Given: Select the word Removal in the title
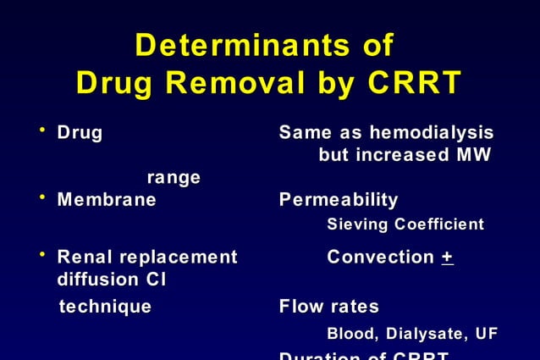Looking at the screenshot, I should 254,83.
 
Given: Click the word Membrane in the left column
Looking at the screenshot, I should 106,200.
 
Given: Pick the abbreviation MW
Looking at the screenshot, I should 473,156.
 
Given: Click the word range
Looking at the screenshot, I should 174,178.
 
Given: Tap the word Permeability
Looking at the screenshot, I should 339,200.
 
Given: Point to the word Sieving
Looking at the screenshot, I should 355,224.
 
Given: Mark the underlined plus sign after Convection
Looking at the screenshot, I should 448,257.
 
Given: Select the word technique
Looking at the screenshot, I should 105,306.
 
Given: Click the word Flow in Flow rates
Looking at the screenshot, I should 301,306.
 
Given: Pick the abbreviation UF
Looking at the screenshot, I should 487,334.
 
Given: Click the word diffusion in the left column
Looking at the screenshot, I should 91,279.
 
